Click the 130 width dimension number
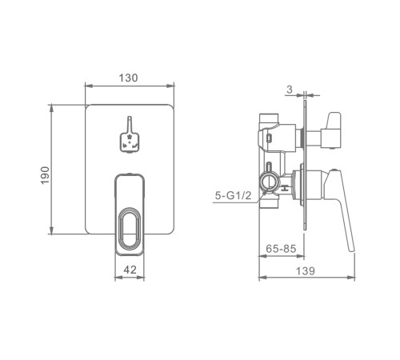coord(128,78)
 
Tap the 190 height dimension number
coord(46,175)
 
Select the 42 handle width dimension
coord(130,270)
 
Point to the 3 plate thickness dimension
coord(290,90)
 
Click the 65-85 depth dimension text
coord(281,249)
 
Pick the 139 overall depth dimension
coord(306,271)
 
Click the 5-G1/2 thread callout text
coord(233,196)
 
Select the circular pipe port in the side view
coord(270,182)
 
